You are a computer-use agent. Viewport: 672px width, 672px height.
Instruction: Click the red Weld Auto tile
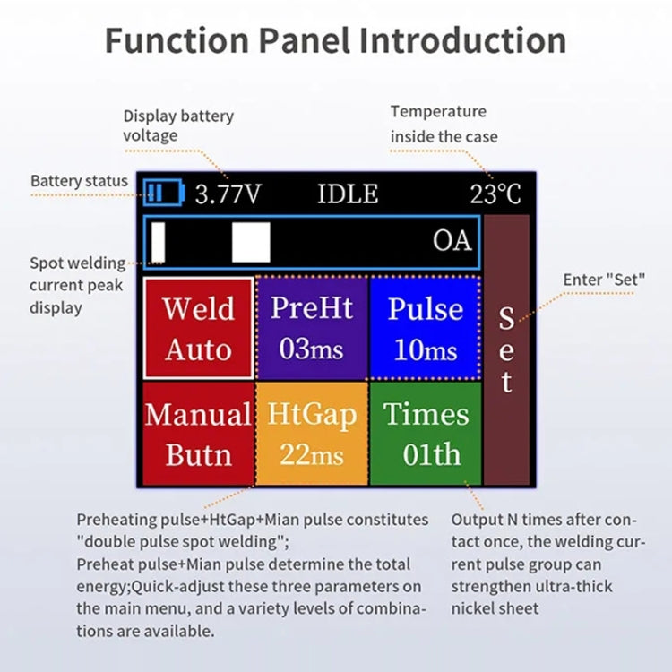198,328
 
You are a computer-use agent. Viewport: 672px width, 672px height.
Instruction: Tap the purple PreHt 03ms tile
311,327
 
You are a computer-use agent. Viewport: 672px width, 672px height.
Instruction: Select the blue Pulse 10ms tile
425,327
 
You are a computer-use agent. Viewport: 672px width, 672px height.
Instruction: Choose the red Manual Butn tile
198,434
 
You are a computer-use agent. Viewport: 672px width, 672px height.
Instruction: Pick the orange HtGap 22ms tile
311,434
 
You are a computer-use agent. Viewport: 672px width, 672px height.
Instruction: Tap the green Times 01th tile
425,434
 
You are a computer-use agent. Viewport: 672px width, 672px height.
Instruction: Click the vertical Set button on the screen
506,349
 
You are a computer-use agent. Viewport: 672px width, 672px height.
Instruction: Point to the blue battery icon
163,193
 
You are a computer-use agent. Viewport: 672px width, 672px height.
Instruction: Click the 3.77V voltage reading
228,194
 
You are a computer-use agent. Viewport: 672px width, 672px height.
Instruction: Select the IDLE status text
348,194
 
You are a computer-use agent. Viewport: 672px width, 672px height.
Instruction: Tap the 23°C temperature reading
495,194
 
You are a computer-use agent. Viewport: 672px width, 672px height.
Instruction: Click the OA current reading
452,240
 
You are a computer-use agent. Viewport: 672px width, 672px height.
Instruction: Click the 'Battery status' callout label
79,181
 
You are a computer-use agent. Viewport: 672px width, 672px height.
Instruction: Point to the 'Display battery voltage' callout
178,125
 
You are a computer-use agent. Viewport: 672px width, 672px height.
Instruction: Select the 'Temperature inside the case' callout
443,124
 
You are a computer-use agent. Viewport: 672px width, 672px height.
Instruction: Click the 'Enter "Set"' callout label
604,280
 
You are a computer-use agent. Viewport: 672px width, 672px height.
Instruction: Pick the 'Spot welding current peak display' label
77,285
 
